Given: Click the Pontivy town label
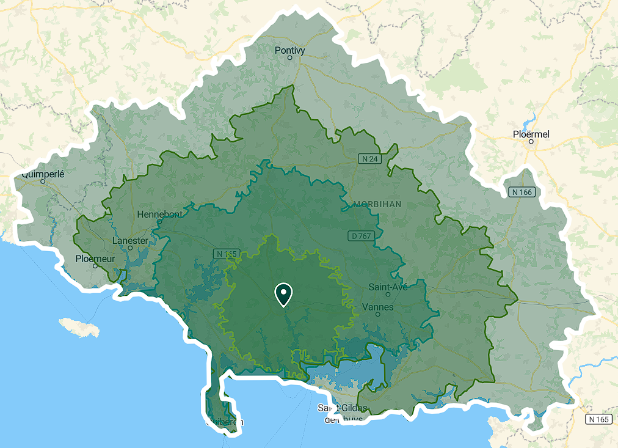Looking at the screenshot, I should (x=289, y=50).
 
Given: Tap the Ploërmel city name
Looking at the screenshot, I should (x=531, y=134).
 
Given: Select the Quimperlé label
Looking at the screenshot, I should (x=43, y=174).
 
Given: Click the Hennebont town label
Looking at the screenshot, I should (x=159, y=215).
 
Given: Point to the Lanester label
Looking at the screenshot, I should (x=130, y=240).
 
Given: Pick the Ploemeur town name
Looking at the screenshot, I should (x=95, y=258).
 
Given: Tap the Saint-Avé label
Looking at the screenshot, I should (x=388, y=286).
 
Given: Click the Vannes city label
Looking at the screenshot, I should (x=378, y=306).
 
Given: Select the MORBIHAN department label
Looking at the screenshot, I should (x=377, y=204).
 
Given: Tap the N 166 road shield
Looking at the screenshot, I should (x=521, y=192).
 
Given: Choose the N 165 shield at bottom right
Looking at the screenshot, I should (x=598, y=419).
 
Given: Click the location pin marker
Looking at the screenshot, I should (x=283, y=294).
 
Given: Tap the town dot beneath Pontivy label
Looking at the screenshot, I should (x=290, y=58).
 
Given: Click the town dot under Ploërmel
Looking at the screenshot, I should (x=531, y=142).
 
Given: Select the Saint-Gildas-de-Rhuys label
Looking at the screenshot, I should (x=343, y=413).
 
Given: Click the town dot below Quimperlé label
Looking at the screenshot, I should (x=43, y=181).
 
